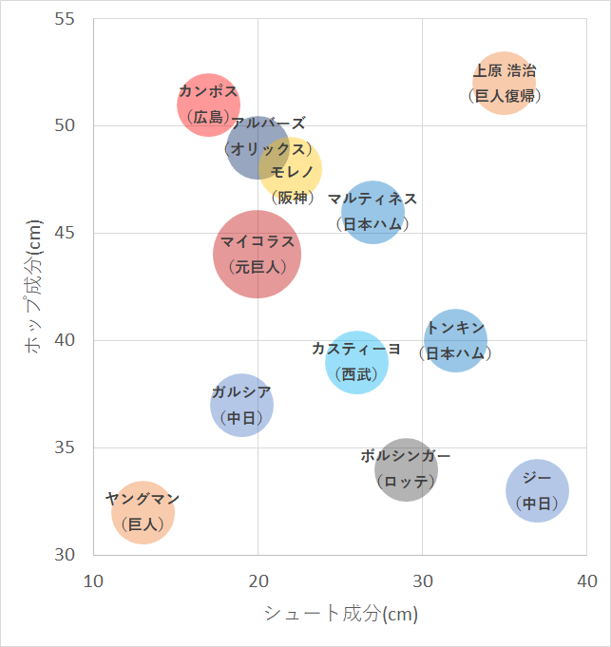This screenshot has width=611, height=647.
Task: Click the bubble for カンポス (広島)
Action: [x=207, y=105]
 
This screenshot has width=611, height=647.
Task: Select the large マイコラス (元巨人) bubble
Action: [x=258, y=254]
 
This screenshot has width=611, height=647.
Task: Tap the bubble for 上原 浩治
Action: [x=504, y=83]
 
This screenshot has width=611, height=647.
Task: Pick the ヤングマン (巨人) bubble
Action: [x=143, y=512]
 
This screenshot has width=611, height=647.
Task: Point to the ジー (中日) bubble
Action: [x=537, y=490]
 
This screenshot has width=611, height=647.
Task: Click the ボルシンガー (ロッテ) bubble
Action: [x=406, y=469]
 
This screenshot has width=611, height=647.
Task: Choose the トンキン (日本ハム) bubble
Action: [x=456, y=340]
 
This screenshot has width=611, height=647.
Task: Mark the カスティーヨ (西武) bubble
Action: [x=357, y=362]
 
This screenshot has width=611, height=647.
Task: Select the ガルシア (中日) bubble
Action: [x=241, y=405]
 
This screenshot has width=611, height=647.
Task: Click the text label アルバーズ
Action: [x=269, y=124]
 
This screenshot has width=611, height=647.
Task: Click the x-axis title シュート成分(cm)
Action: [x=340, y=614]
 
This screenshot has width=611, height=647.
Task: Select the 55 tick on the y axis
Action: [x=74, y=19]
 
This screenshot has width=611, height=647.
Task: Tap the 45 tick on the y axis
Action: [x=74, y=233]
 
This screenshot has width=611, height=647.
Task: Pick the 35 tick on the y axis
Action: [x=74, y=447]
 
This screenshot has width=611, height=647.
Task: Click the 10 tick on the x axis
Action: [x=93, y=579]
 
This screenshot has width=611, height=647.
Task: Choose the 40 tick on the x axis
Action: [x=586, y=579]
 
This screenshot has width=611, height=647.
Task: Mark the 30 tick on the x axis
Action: [x=422, y=579]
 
